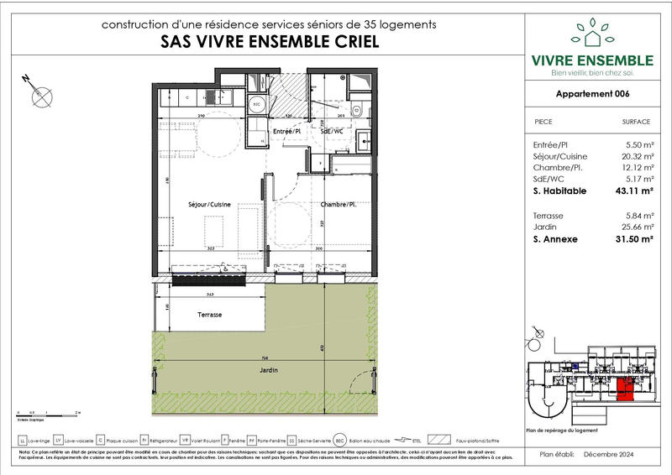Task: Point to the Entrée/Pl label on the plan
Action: [288, 133]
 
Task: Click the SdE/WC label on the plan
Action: [330, 133]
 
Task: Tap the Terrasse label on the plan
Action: [209, 314]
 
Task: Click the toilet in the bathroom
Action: [356, 108]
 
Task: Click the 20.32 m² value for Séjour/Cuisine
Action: [636, 156]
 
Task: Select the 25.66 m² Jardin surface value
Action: [636, 227]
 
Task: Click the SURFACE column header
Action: [636, 122]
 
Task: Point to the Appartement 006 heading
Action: [593, 94]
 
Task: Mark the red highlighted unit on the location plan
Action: [625, 390]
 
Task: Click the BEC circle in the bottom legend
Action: [340, 440]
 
